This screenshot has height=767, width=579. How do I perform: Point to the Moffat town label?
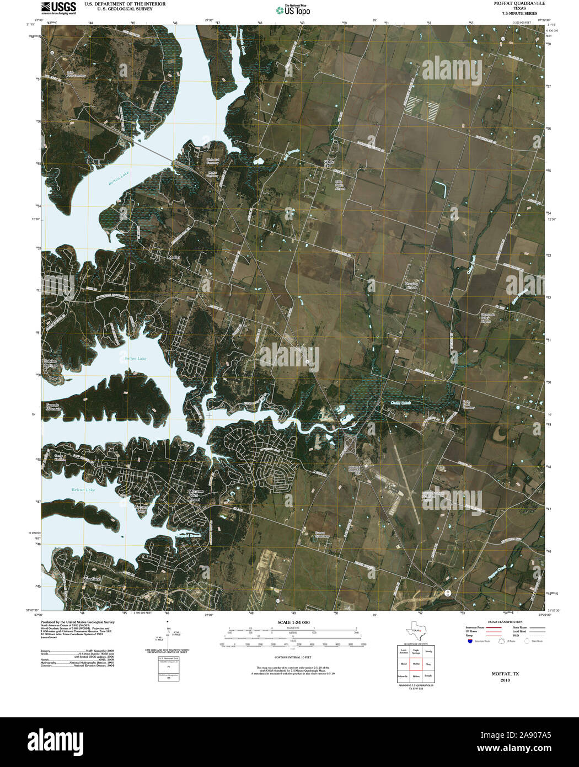(x=175, y=257)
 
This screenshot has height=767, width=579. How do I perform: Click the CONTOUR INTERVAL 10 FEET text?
(x=293, y=657)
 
